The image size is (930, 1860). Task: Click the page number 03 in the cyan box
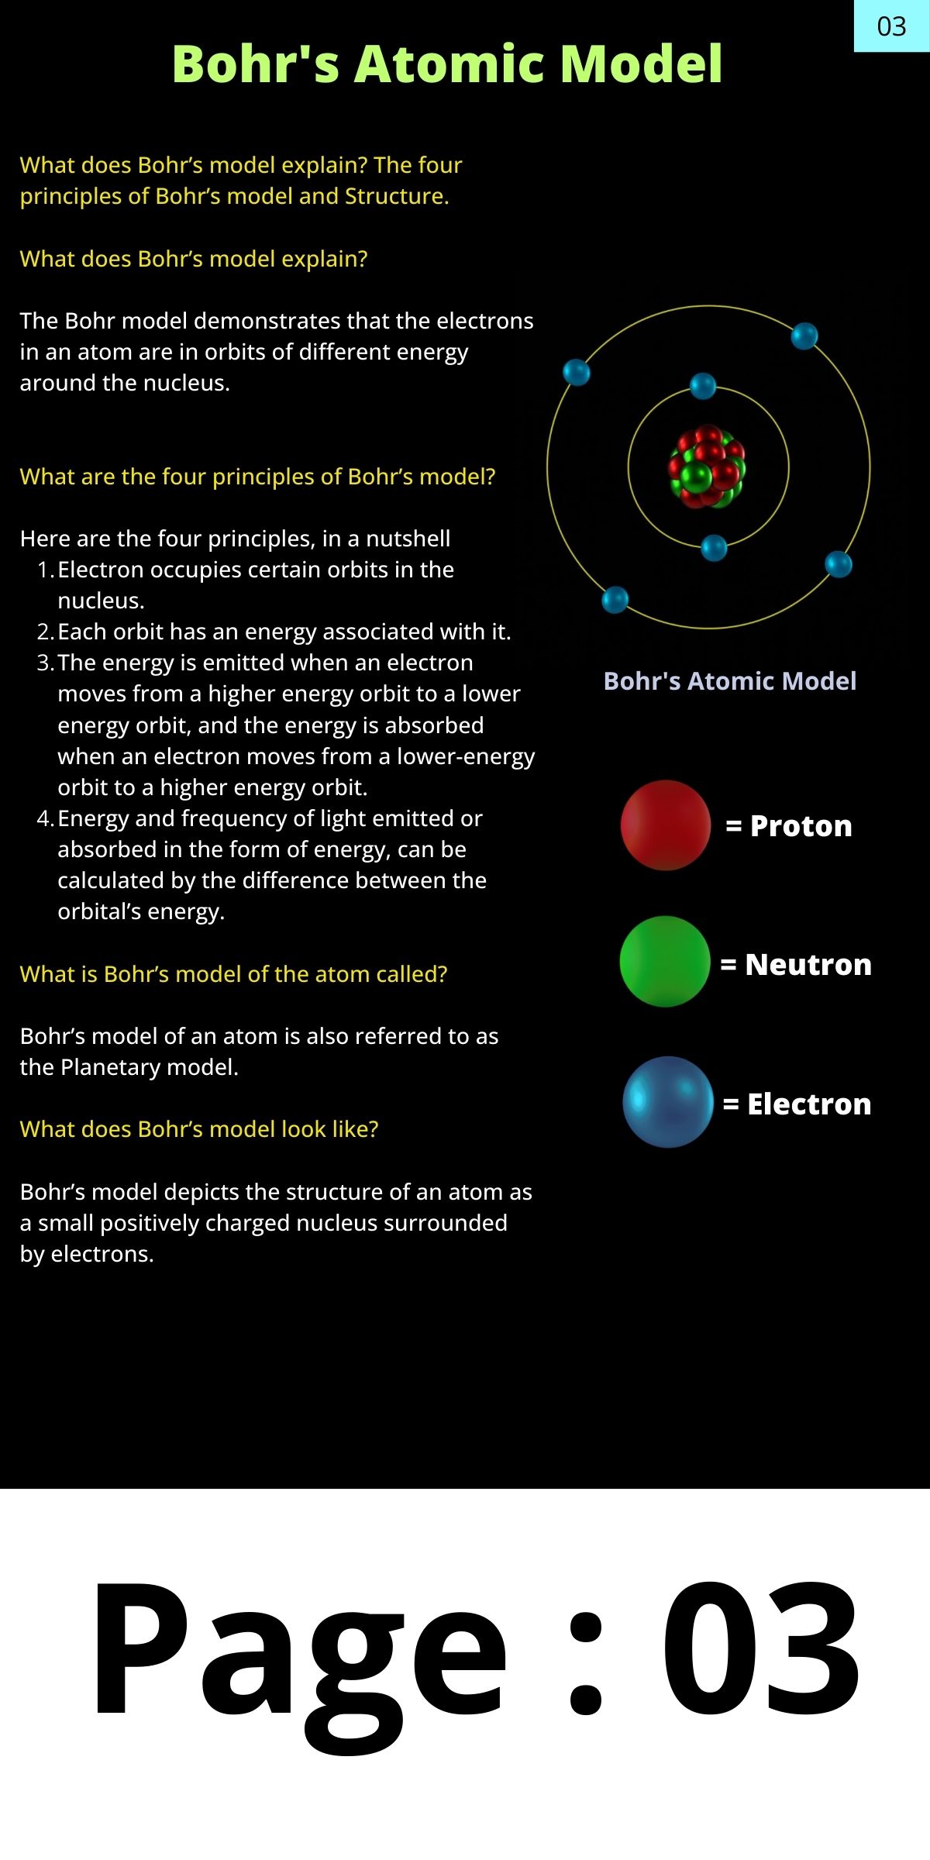[x=891, y=27]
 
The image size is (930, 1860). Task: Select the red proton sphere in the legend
[x=666, y=825]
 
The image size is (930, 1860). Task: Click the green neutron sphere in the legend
[x=665, y=962]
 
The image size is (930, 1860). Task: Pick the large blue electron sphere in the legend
[x=668, y=1101]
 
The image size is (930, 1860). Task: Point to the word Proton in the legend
[x=801, y=826]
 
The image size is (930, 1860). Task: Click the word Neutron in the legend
[x=808, y=965]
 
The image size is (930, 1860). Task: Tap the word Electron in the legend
[x=809, y=1104]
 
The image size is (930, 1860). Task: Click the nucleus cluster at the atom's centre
[x=708, y=467]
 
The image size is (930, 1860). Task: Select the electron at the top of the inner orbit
[x=703, y=386]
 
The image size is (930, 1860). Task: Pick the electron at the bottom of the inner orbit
[x=714, y=548]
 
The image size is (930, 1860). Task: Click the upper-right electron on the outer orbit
[x=804, y=336]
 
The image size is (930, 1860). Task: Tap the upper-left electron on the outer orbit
[x=577, y=373]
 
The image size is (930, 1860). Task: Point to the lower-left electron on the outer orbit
[x=615, y=600]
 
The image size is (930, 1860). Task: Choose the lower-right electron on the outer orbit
[x=839, y=564]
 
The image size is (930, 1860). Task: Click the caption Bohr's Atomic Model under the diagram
[x=730, y=681]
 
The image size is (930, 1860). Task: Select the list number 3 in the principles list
[x=46, y=663]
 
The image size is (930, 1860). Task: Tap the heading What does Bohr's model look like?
[x=199, y=1129]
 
